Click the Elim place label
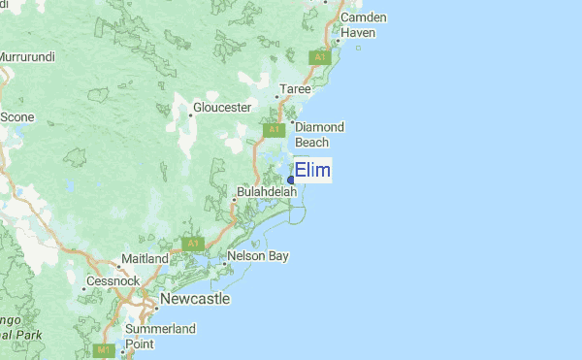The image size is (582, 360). click(312, 171)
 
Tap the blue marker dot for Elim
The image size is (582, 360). click(291, 179)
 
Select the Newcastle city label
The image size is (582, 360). click(195, 299)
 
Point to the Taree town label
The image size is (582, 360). click(296, 89)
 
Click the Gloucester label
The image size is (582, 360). click(222, 107)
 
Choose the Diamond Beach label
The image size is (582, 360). click(319, 134)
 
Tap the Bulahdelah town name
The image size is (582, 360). click(266, 192)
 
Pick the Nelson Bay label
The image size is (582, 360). click(257, 257)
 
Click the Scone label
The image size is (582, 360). click(17, 116)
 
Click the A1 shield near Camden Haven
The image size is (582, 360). click(320, 58)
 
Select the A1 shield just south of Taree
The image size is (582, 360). click(274, 129)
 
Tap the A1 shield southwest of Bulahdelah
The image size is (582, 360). click(192, 243)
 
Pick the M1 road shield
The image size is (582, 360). click(104, 348)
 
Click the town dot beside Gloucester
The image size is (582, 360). click(189, 115)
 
